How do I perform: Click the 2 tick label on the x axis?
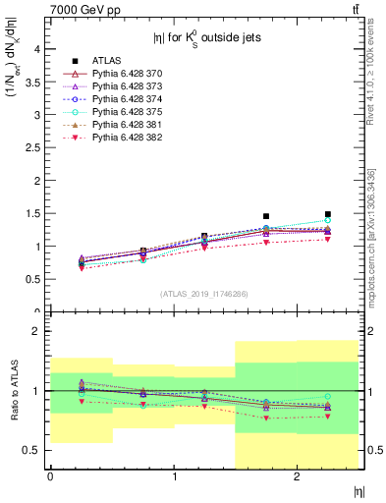297,477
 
